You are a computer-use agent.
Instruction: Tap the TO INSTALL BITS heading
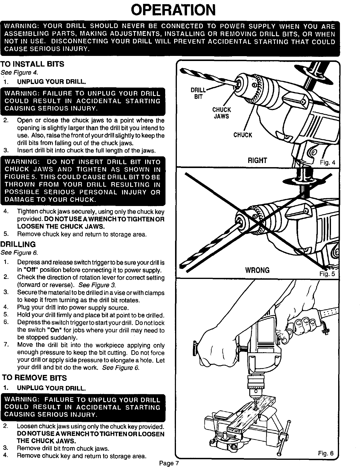[32, 64]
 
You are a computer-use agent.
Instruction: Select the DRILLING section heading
[18, 245]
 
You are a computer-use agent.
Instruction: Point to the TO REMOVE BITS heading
[34, 378]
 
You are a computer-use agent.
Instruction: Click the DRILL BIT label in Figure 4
[198, 93]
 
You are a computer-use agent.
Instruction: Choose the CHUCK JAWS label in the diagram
[221, 113]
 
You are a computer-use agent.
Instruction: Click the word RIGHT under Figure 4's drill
[257, 161]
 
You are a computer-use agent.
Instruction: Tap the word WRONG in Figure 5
[257, 271]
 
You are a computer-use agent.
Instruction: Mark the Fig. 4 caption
[328, 163]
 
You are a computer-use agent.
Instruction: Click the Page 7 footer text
[169, 463]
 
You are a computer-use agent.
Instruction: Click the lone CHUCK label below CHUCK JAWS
[243, 135]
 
